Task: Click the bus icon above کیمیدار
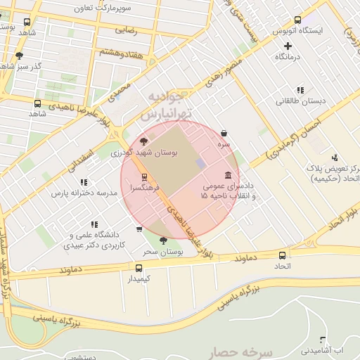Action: tap(138, 268)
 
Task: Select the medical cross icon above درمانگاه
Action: tap(288, 46)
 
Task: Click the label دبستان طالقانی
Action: tap(300, 101)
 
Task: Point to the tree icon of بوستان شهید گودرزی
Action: tap(145, 141)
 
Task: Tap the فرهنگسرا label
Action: tap(144, 188)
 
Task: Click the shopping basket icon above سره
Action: tap(224, 133)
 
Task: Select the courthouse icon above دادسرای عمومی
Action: tap(228, 175)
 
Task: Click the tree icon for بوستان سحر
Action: tap(163, 240)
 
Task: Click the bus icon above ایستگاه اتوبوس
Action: tap(297, 20)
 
